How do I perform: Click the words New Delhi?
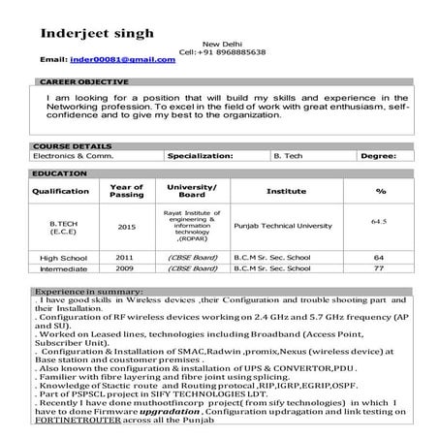[x=218, y=43]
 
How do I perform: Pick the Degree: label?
[x=378, y=154]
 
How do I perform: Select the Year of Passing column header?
[x=126, y=191]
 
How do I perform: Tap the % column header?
[x=380, y=191]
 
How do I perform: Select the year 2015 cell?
[x=126, y=227]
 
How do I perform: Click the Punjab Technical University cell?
[x=286, y=225]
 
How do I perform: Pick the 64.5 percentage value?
[x=379, y=221]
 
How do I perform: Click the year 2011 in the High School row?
[x=125, y=257]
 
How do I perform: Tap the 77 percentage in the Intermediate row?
[x=379, y=268]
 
